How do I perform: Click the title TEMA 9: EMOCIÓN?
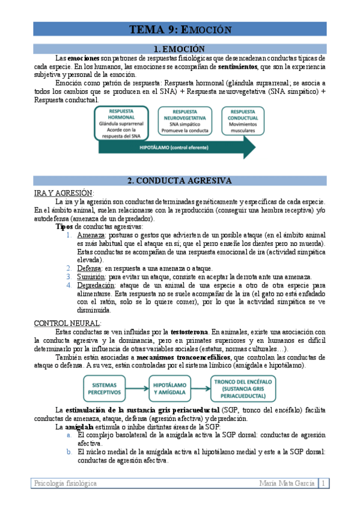(179, 30)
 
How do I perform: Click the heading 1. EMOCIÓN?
(179, 48)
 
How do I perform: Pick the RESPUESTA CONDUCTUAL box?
(242, 120)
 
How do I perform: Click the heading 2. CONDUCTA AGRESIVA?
(179, 180)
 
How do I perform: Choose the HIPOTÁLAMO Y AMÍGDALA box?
(171, 387)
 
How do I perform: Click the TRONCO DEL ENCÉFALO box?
(243, 387)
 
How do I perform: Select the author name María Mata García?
(287, 484)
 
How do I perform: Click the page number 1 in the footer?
(323, 484)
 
